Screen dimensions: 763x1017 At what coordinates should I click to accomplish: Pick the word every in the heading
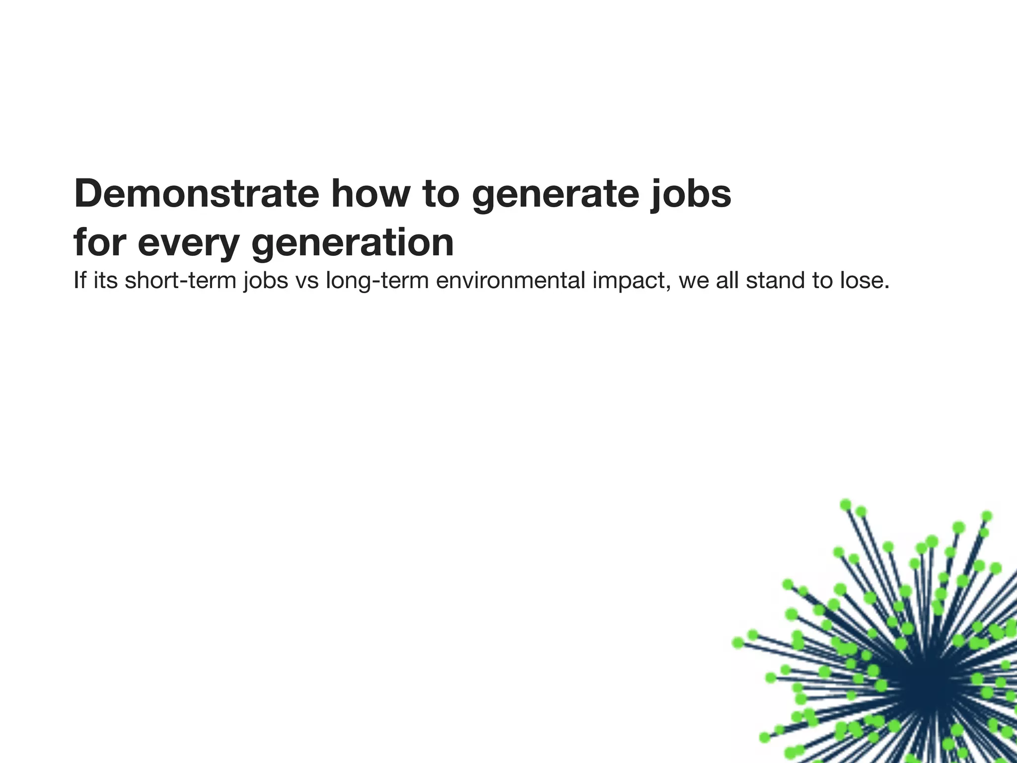click(189, 243)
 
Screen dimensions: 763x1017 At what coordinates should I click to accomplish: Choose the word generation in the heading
click(353, 243)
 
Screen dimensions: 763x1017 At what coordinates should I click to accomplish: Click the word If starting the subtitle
click(79, 280)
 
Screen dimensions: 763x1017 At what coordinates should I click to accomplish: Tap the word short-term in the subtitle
click(181, 280)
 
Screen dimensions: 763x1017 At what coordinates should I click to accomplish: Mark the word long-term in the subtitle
click(377, 281)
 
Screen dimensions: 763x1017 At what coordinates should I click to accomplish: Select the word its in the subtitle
click(105, 280)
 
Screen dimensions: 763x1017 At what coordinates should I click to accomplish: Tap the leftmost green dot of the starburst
click(738, 643)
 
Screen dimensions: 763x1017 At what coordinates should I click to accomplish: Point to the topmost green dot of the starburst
click(846, 505)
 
